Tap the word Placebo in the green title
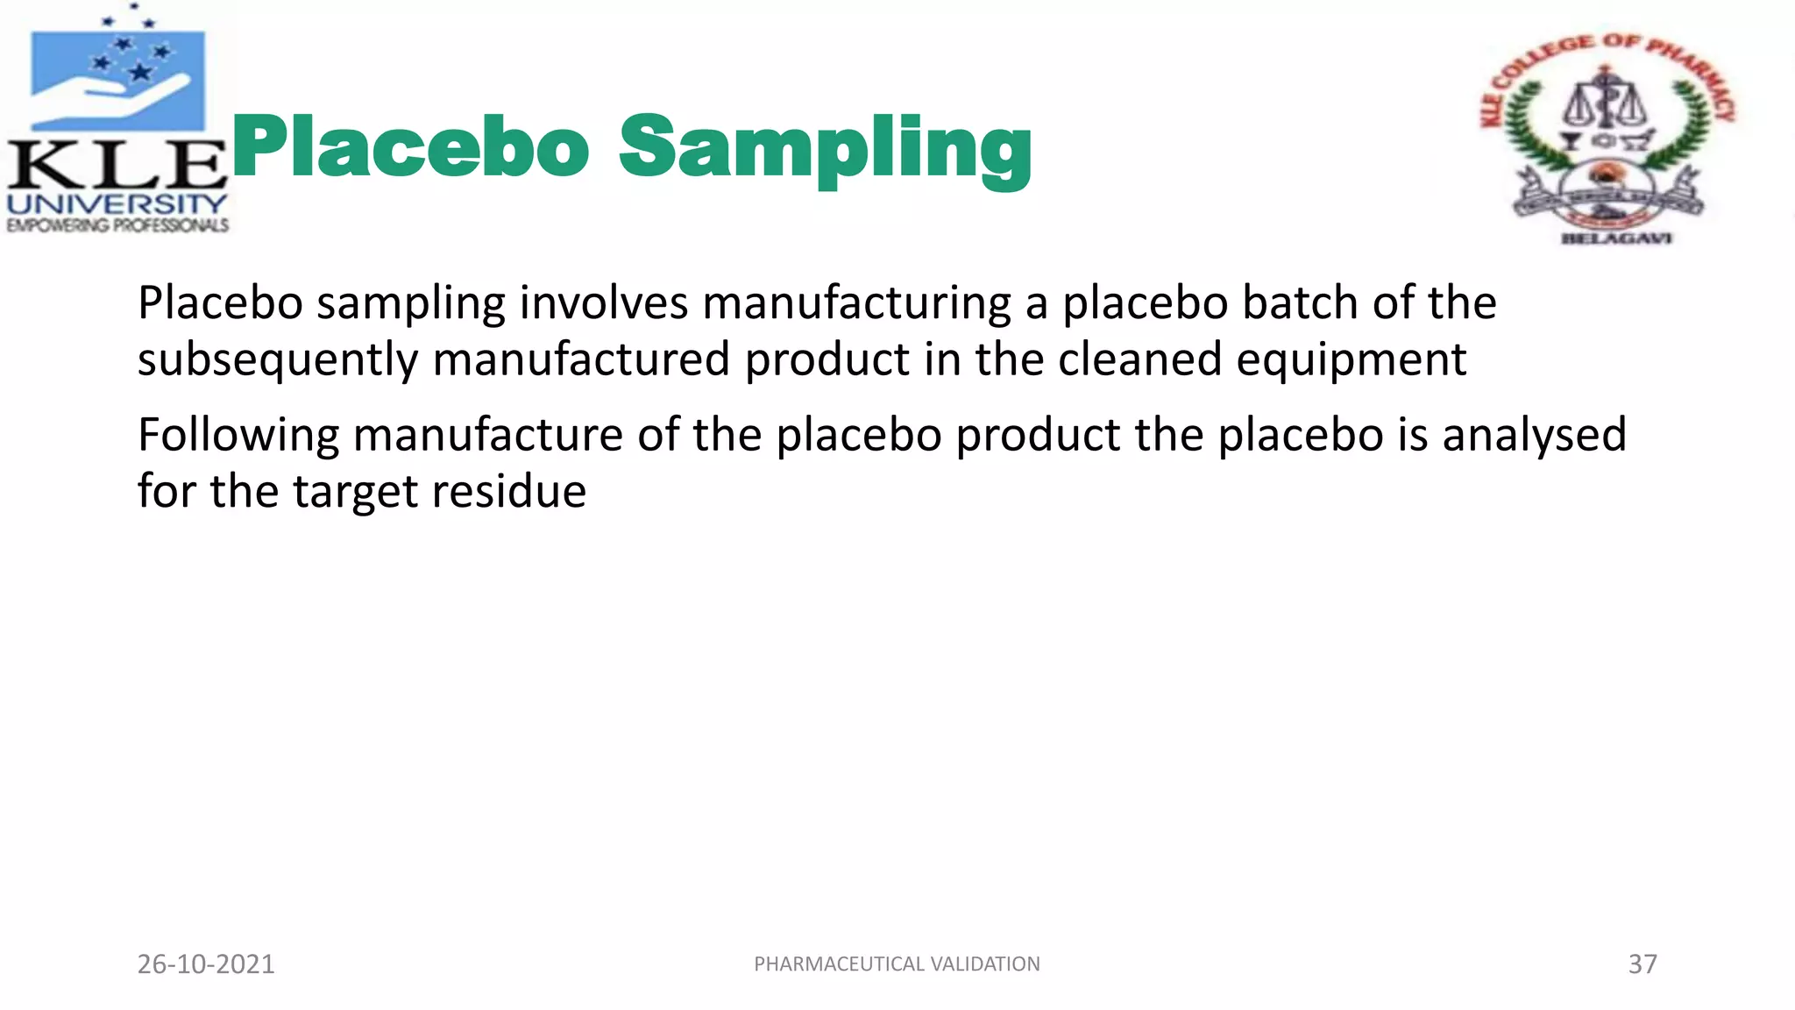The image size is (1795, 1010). pos(409,147)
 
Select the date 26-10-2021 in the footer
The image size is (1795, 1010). pos(206,964)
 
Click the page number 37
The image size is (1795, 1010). pos(1642,964)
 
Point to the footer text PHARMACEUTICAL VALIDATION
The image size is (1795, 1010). pos(897,964)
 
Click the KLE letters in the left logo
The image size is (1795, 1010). pos(117,164)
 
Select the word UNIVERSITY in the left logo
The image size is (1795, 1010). pos(117,204)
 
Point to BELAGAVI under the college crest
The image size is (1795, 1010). pos(1617,238)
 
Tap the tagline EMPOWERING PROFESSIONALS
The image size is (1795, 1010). pos(117,225)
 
